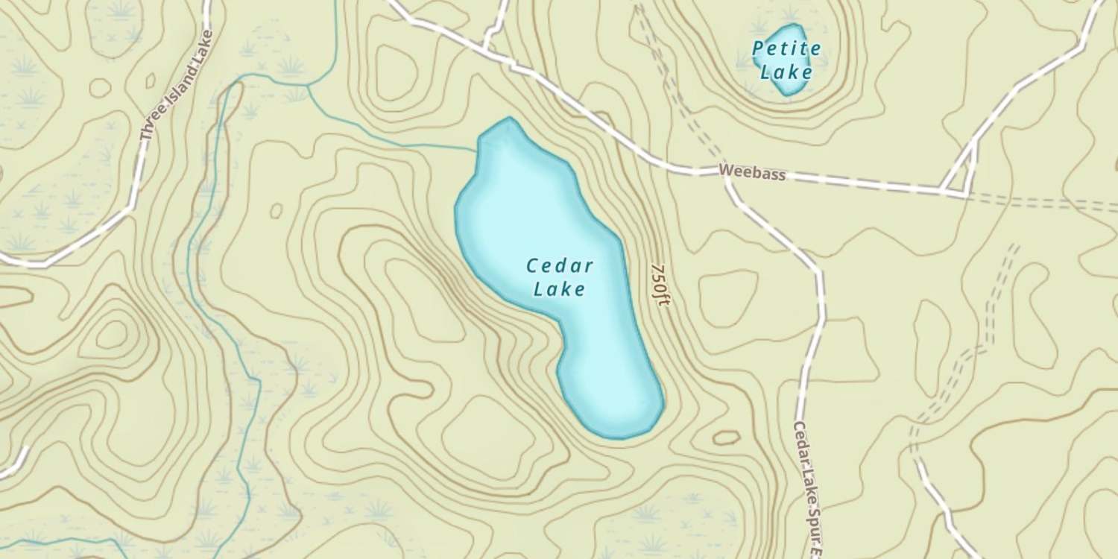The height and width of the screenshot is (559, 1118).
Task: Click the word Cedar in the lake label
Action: click(x=559, y=266)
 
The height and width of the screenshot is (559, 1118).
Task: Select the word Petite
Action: click(x=786, y=50)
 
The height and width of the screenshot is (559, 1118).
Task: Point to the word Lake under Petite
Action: click(x=786, y=72)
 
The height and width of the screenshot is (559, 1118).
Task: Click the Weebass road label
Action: click(x=753, y=173)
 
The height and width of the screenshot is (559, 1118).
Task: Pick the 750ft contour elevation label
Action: click(x=659, y=286)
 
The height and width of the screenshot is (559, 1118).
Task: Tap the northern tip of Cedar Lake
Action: click(x=509, y=119)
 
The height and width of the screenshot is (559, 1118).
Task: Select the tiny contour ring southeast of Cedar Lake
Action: click(x=726, y=437)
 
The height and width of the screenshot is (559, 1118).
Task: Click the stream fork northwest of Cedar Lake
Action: click(x=309, y=86)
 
